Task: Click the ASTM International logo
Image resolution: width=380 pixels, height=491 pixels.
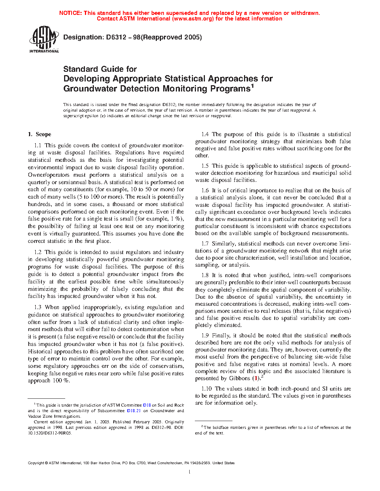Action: click(x=44, y=39)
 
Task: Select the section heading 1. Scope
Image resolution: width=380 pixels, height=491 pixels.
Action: click(x=39, y=134)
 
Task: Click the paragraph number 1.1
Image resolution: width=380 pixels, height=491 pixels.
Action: click(x=38, y=145)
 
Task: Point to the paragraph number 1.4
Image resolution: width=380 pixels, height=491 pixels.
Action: click(x=205, y=134)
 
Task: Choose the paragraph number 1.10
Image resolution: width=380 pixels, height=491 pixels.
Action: click(x=207, y=389)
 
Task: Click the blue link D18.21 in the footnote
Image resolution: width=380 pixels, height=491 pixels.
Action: click(x=134, y=411)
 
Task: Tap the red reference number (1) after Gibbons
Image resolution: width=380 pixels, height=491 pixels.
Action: click(x=255, y=378)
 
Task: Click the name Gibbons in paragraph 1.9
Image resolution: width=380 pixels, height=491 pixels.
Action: click(x=240, y=378)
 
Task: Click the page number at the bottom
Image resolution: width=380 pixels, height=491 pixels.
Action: click(x=190, y=472)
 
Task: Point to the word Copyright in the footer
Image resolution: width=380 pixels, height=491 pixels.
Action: click(x=36, y=463)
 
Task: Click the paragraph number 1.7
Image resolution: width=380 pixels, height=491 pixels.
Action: click(x=205, y=244)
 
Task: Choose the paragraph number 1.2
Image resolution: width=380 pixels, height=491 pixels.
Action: click(x=38, y=252)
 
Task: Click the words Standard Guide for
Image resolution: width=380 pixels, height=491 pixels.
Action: click(x=100, y=69)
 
